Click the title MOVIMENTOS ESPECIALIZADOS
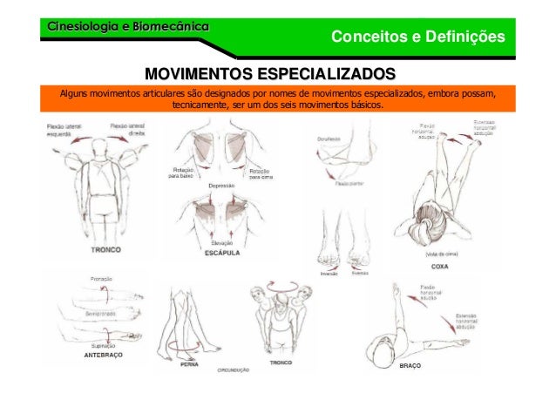[x=269, y=71]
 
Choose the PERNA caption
[x=189, y=366]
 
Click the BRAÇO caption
[x=410, y=366]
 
